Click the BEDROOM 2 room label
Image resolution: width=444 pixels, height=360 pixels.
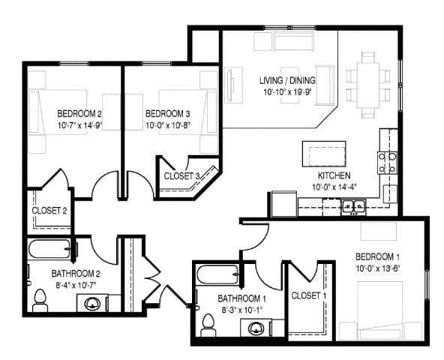pyautogui.click(x=79, y=114)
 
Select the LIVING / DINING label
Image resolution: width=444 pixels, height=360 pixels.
pyautogui.click(x=288, y=81)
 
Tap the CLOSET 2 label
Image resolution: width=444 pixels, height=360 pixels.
pyautogui.click(x=50, y=211)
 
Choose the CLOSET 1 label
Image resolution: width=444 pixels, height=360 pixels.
pyautogui.click(x=308, y=295)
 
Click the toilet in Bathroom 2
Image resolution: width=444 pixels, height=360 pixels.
pyautogui.click(x=40, y=301)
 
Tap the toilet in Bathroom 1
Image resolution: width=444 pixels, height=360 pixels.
pyautogui.click(x=208, y=325)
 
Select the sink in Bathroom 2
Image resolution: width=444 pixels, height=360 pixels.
pyautogui.click(x=92, y=304)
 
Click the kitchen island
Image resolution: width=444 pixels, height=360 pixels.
pyautogui.click(x=324, y=154)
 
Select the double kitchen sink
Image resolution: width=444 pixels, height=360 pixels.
pyautogui.click(x=353, y=205)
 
